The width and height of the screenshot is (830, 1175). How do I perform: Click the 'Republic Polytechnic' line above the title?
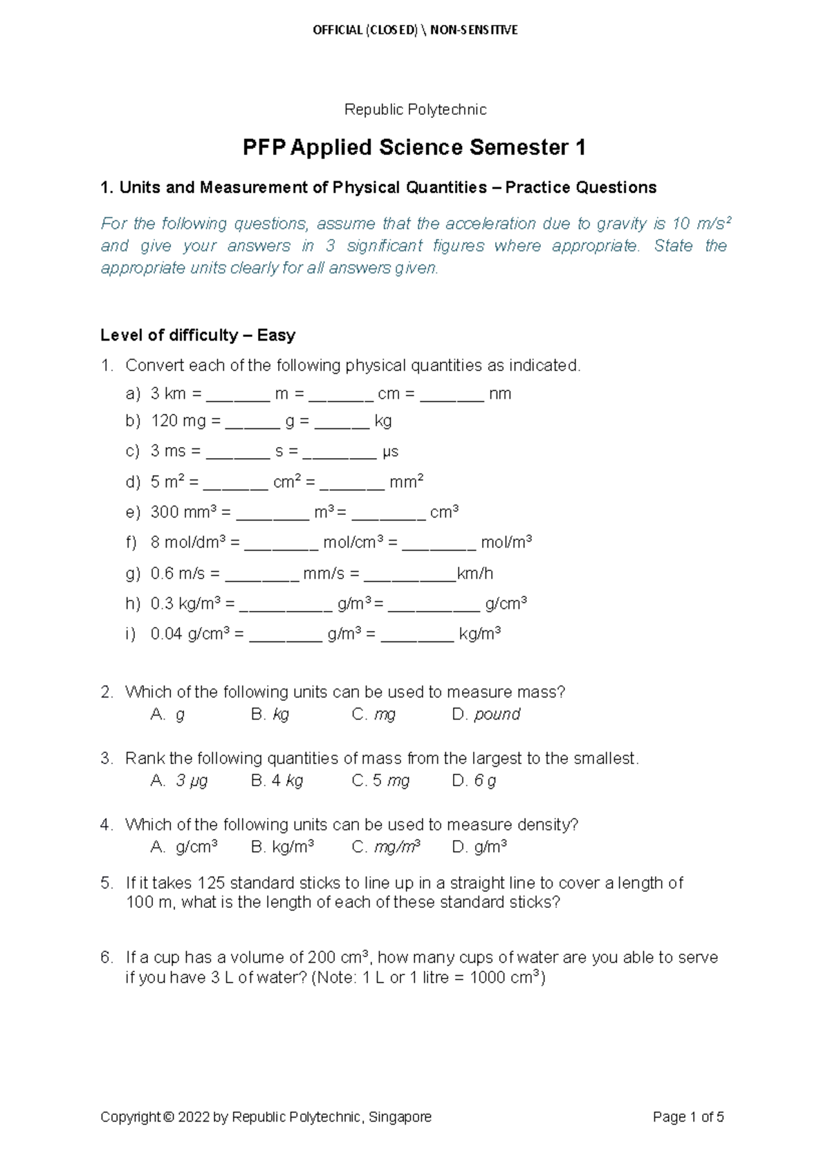pos(415,109)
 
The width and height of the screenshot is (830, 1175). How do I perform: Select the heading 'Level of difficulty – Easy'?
pos(198,335)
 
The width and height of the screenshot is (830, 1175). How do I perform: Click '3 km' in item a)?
pos(168,394)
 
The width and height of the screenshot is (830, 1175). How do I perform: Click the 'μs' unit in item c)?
pos(390,452)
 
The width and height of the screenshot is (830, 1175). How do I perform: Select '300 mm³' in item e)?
pos(184,512)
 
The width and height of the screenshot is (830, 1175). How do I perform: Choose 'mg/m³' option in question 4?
pos(397,846)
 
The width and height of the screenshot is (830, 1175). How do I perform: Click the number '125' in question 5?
pos(211,883)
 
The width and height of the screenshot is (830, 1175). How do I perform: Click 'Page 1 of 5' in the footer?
pos(688,1117)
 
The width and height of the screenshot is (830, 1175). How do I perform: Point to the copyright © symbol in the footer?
pos(169,1117)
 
